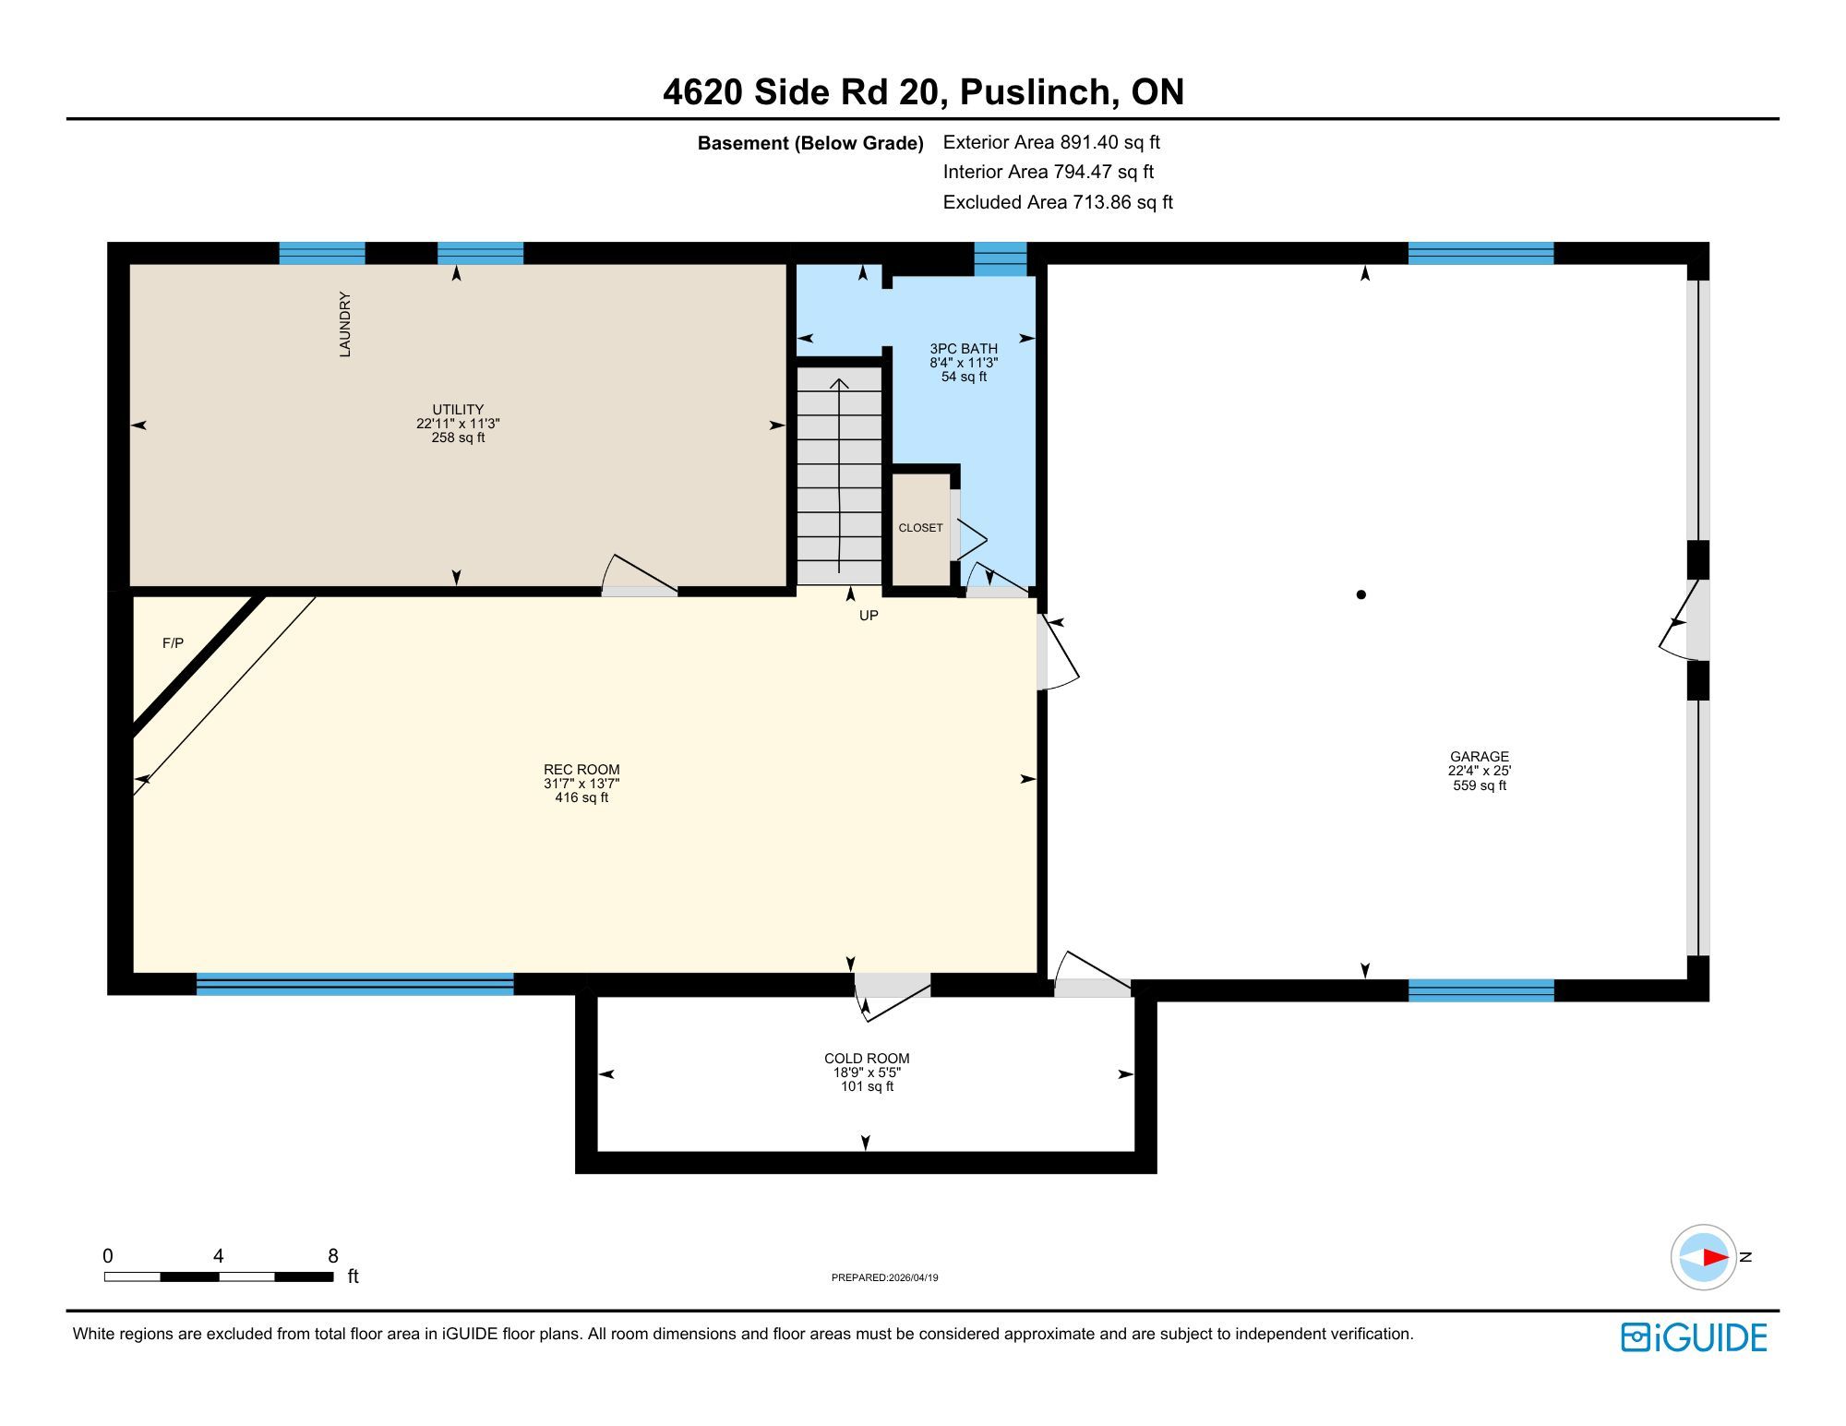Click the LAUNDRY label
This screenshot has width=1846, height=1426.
(345, 324)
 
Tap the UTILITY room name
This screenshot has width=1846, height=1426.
(458, 410)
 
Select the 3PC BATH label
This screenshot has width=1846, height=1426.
(964, 349)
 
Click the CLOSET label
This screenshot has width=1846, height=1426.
(920, 528)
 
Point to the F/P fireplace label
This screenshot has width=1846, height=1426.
(173, 643)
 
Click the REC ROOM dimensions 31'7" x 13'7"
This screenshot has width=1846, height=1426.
(581, 784)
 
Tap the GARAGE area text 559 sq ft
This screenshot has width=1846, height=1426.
(1480, 785)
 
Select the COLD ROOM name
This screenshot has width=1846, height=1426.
(867, 1059)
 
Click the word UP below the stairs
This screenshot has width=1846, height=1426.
(869, 616)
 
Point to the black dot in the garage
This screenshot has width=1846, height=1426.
(1361, 595)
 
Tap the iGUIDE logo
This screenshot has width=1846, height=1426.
(1694, 1337)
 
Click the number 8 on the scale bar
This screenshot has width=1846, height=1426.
(333, 1256)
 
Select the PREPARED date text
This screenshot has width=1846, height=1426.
(884, 1277)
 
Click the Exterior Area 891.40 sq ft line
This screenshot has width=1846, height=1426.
(1051, 142)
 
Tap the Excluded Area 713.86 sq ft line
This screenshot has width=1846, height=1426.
(1058, 202)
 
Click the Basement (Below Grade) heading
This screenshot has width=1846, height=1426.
(810, 143)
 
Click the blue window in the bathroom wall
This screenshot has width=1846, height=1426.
(1001, 259)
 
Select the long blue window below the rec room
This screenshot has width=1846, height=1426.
(355, 984)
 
